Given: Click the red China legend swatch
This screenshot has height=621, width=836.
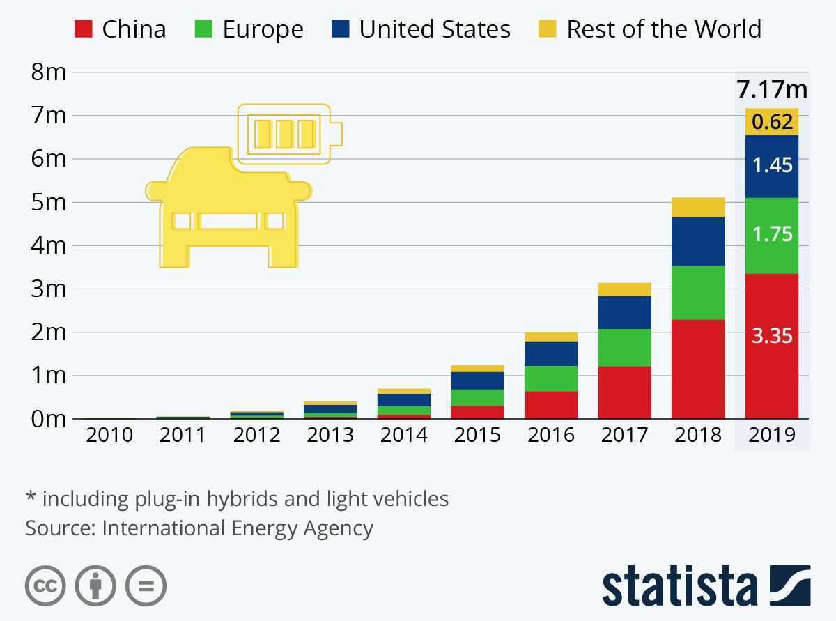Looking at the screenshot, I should tap(83, 29).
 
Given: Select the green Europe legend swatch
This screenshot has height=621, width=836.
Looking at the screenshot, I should tap(203, 29).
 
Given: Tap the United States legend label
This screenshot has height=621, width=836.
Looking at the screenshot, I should tap(435, 29).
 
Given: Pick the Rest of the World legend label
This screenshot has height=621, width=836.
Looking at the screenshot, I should tap(663, 29).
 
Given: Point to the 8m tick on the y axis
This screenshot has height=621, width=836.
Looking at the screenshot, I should tap(49, 72).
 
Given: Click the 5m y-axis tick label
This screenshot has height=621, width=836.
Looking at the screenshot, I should tap(49, 202).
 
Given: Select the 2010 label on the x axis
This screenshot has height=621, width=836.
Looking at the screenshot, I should tap(109, 435).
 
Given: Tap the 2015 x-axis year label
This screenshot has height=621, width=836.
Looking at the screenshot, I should tap(477, 435).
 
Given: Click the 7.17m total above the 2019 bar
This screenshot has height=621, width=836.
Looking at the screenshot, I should tap(772, 90).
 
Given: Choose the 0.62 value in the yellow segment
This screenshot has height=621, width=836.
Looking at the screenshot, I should tap(772, 122).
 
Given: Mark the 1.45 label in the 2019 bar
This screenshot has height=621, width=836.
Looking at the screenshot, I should tap(772, 165).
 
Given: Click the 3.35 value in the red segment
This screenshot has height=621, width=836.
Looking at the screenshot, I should tap(772, 335).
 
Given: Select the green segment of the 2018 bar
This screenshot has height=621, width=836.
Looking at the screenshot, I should tap(698, 293).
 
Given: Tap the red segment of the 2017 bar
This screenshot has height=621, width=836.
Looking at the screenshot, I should tap(625, 392).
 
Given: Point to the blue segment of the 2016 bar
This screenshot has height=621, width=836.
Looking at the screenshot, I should tap(551, 353).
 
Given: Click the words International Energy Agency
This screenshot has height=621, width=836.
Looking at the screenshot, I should tap(238, 528).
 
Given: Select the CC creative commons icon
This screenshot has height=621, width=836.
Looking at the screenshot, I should tap(46, 585).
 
